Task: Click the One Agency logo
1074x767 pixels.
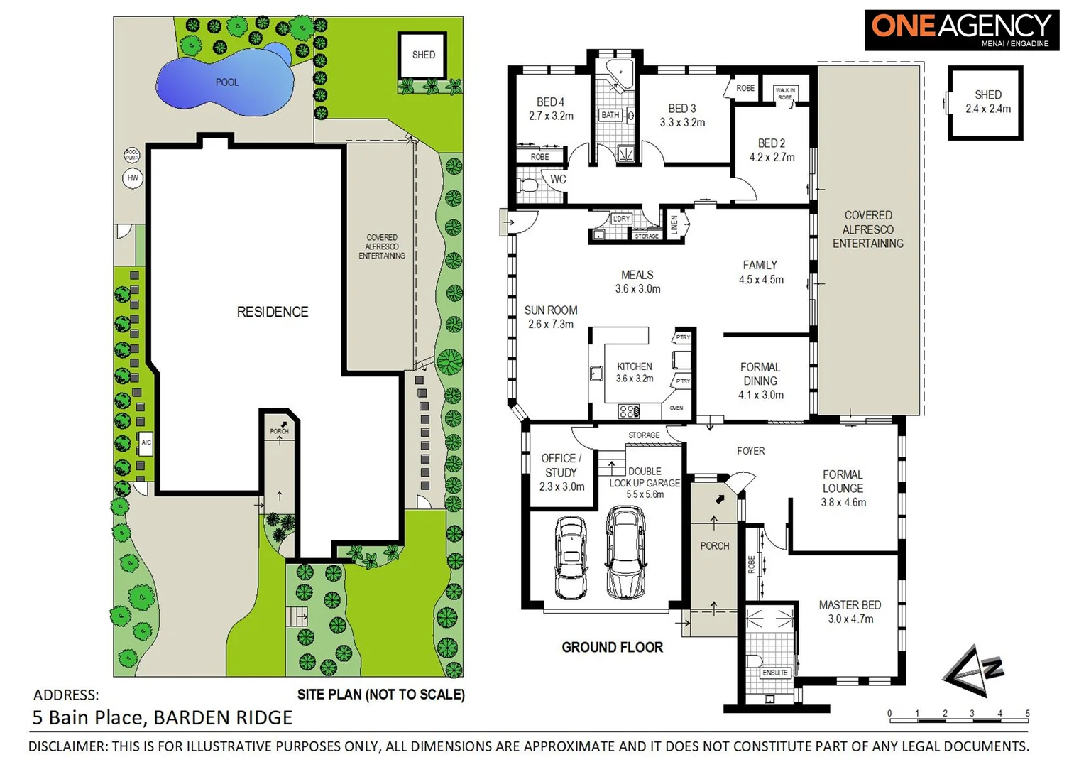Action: tap(961, 30)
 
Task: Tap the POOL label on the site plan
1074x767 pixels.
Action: tap(227, 82)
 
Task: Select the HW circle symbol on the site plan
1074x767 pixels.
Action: tap(133, 178)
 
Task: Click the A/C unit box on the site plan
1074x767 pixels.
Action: tap(146, 442)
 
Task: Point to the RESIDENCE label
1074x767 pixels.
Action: tap(273, 312)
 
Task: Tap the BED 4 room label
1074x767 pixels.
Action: tap(551, 102)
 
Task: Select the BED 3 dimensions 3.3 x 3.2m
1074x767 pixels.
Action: tap(682, 122)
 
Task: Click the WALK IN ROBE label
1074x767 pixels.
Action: tap(785, 94)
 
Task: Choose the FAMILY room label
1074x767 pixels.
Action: tap(760, 265)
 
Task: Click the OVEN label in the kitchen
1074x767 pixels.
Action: tap(676, 408)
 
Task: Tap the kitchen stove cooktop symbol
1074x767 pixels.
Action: tap(628, 410)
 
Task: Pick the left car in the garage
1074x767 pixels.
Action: tap(571, 557)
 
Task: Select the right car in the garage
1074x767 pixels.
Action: tap(625, 552)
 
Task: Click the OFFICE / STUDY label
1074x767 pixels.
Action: tap(561, 465)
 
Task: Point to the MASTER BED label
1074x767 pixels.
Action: tap(850, 605)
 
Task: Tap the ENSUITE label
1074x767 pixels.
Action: tap(774, 673)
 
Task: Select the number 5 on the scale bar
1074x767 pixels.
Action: tap(1027, 714)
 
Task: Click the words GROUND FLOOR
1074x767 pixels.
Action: tap(612, 647)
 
